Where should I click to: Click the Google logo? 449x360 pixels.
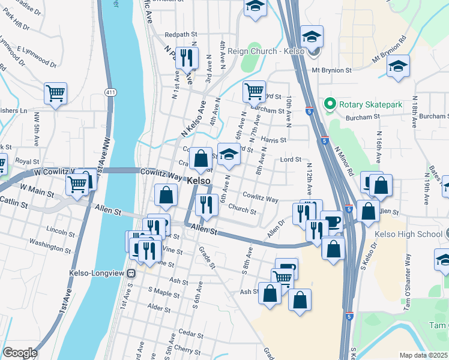19,353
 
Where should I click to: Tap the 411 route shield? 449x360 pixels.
109,92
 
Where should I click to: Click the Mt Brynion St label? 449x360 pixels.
331,70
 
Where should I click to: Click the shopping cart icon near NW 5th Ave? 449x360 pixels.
55,94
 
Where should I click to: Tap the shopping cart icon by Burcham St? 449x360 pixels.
254,91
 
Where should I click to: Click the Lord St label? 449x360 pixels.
291,160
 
